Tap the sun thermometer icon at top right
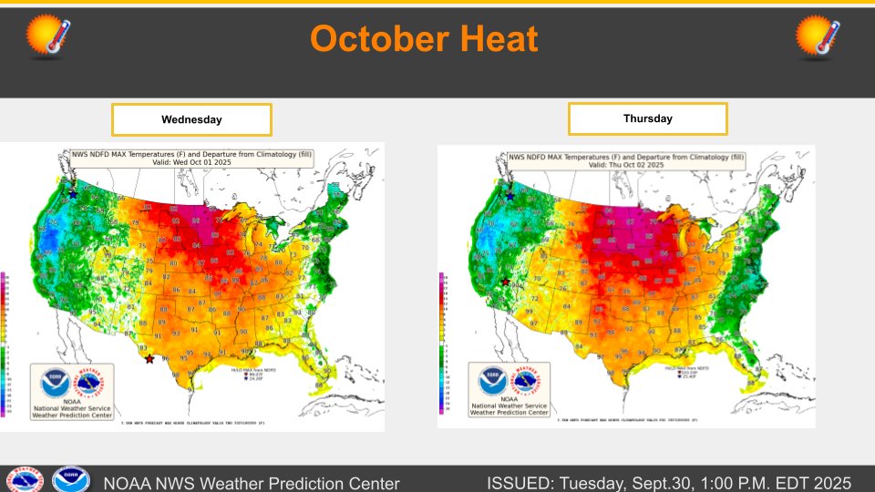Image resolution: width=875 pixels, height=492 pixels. point(818,36)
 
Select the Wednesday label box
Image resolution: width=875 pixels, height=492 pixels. point(191,119)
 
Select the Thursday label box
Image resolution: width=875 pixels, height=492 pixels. point(647,118)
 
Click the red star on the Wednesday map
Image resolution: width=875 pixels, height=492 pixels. point(149,359)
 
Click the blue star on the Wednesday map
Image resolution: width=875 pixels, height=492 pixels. point(73,194)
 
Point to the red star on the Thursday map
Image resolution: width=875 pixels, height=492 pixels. point(505,282)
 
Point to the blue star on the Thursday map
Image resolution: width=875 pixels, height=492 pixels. point(510,196)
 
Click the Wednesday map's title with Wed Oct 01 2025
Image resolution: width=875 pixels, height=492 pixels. point(191,159)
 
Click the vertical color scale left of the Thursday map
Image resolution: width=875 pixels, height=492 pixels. point(441,337)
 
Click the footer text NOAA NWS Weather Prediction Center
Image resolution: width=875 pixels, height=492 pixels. point(252,482)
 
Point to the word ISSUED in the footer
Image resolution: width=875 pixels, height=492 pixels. point(521,482)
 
